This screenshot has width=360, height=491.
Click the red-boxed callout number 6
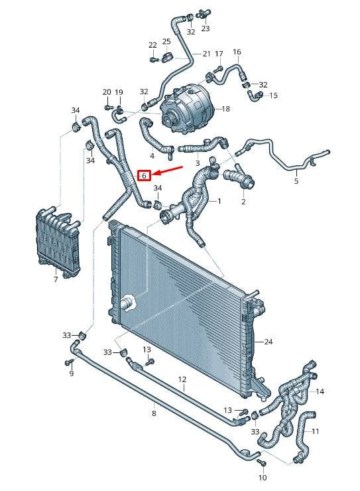(144, 176)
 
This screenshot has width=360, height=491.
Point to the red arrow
(169, 171)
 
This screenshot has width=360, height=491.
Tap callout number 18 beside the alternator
(225, 109)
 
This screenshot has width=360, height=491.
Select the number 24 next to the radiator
(269, 341)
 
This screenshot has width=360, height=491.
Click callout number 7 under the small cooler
(56, 279)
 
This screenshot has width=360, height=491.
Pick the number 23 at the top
(205, 29)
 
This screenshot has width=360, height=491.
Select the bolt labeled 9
(69, 362)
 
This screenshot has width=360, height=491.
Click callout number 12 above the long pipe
(182, 380)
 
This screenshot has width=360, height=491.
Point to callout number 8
(154, 413)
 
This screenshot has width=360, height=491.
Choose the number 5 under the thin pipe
(296, 180)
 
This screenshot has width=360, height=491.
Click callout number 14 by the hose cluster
(320, 391)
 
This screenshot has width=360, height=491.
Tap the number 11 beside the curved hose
(316, 431)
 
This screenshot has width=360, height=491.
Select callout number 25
(166, 42)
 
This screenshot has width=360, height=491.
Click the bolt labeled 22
(153, 60)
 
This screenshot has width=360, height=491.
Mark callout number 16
(237, 52)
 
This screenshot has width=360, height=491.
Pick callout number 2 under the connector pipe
(243, 202)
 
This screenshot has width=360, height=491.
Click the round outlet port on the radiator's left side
(127, 303)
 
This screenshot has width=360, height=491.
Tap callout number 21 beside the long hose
(206, 54)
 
